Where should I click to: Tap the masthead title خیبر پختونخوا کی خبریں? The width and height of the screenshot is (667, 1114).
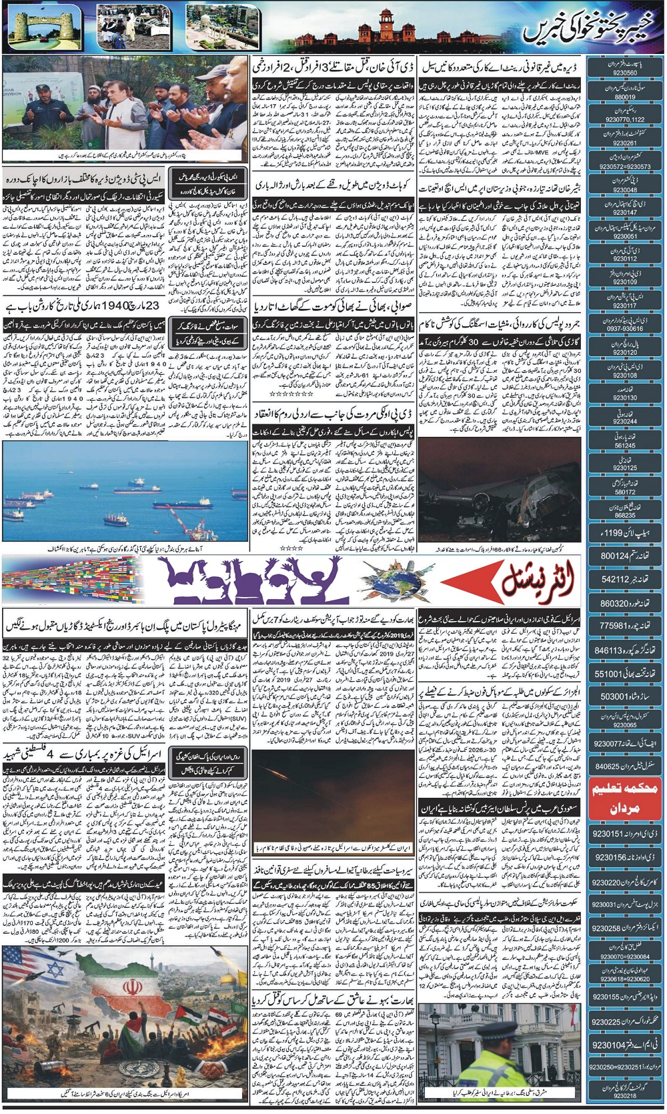click(590, 28)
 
